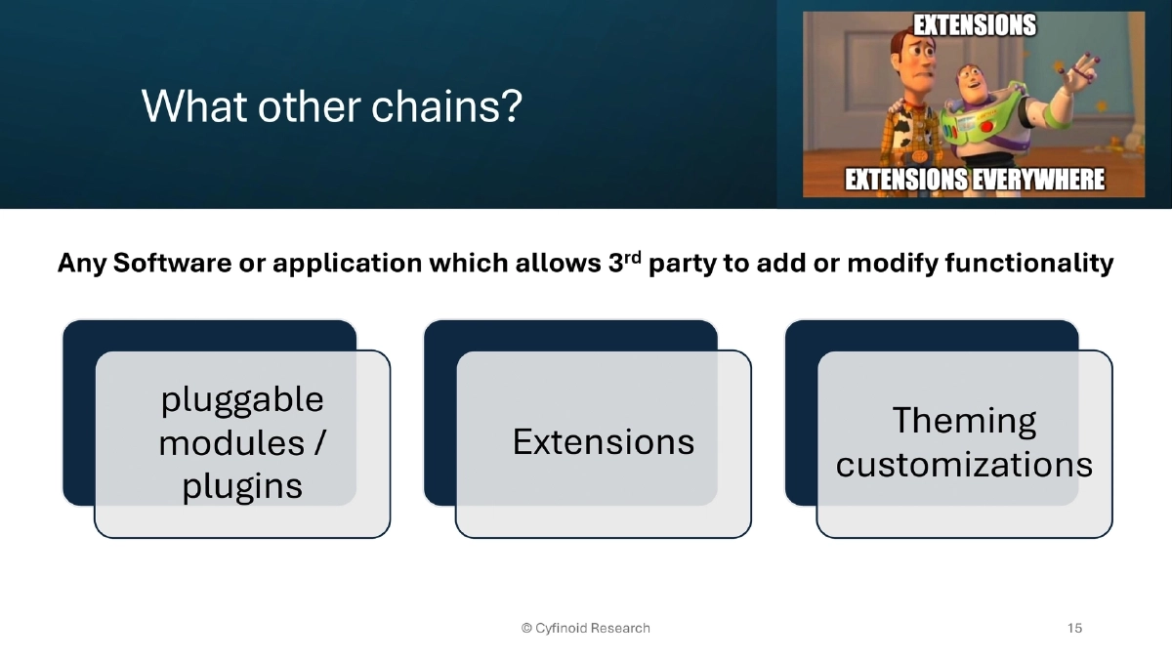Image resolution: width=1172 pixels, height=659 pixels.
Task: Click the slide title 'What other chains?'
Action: click(332, 105)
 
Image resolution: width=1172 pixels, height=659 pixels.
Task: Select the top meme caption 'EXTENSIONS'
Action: click(974, 25)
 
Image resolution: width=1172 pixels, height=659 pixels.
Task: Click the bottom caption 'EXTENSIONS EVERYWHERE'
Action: click(974, 180)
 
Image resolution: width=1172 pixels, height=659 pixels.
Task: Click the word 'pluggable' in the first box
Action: click(241, 399)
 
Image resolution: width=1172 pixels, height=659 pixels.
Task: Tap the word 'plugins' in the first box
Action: click(241, 486)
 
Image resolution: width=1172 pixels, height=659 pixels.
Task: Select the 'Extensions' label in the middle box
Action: click(603, 442)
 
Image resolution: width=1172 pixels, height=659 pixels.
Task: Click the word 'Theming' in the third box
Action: click(964, 421)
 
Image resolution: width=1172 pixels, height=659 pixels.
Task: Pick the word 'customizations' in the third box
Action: click(964, 465)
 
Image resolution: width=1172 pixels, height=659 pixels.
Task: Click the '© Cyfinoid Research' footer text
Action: click(585, 628)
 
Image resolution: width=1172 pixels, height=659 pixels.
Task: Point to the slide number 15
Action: click(1074, 628)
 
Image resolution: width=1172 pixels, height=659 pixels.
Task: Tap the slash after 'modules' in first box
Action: click(319, 443)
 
